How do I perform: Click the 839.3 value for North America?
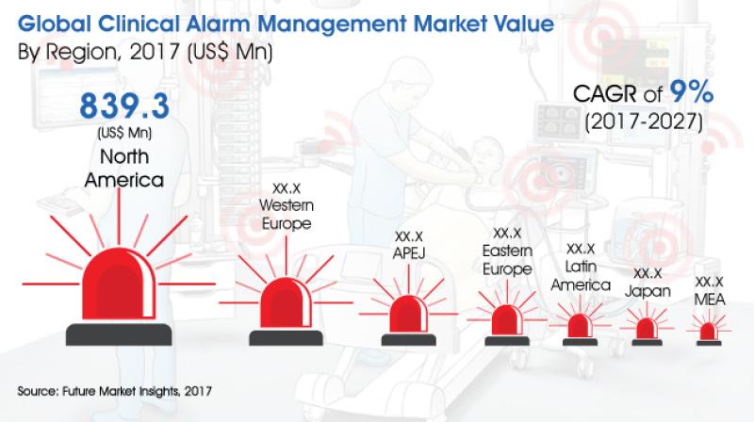coord(124,106)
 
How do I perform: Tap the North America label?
coord(124,169)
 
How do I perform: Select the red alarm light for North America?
coord(119,284)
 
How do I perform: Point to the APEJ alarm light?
coord(409,314)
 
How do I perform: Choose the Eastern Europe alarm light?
coord(506,320)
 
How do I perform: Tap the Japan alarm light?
coord(647,329)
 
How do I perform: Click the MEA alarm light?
coord(709,332)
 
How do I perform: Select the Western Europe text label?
coord(287,215)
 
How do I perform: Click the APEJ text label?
coord(409,253)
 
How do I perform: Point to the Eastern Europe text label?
coord(507,260)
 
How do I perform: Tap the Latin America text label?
coord(581,275)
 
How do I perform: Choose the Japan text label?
coord(647,291)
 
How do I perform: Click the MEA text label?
coord(710,300)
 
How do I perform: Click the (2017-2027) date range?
coord(644,122)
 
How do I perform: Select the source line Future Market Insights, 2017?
coord(137,391)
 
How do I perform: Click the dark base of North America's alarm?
coord(119,334)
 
